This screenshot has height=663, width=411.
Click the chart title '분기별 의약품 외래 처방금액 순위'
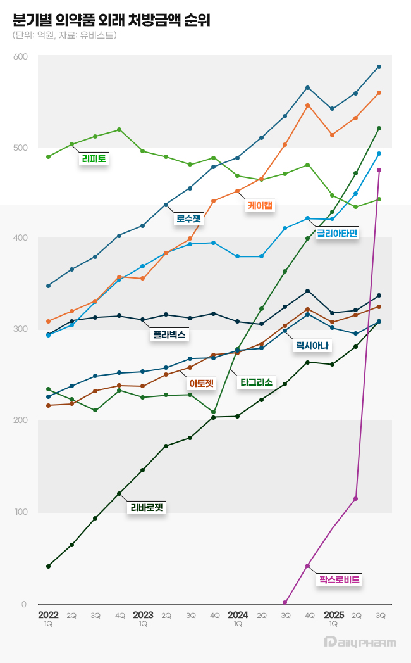coord(111,20)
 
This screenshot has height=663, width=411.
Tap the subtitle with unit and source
coord(64,35)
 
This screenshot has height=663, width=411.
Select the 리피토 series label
coord(94,159)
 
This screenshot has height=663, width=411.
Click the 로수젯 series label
coord(188,219)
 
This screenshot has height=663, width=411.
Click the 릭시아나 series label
coord(314,346)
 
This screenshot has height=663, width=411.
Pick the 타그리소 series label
coord(255,382)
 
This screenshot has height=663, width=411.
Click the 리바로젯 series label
coord(147,507)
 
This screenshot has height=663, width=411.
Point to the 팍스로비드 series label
coord(340,579)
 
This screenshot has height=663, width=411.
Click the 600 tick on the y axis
coord(20,57)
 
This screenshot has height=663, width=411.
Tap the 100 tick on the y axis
coord(20,512)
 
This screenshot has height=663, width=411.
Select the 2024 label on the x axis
coord(238,615)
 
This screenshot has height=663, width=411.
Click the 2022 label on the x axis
coord(48,615)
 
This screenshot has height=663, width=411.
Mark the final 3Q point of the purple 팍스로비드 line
coord(379,170)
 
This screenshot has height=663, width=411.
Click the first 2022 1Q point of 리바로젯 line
coord(48,566)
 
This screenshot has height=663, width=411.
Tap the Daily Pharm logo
coord(359,642)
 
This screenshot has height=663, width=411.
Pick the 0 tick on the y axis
coord(24,605)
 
